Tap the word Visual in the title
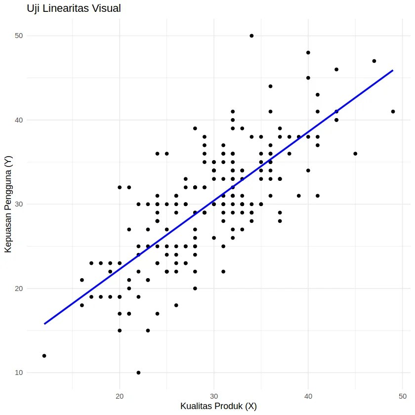(x=106, y=8)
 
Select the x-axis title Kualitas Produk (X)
(x=218, y=406)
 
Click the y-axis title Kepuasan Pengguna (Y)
(x=8, y=204)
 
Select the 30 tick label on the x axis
(x=213, y=396)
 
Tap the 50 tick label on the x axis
(x=403, y=396)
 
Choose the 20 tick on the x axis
(x=119, y=396)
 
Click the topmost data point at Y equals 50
(x=251, y=36)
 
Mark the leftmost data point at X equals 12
(x=44, y=356)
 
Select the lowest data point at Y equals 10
(x=138, y=373)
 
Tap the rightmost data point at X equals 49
(x=393, y=112)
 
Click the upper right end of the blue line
(x=393, y=70)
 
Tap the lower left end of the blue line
(x=44, y=324)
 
